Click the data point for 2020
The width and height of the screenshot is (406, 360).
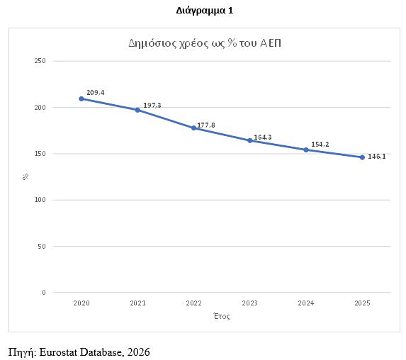(81, 99)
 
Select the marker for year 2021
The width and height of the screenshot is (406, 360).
(137, 110)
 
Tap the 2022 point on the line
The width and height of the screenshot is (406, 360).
(193, 128)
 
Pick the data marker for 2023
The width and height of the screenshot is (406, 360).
(250, 140)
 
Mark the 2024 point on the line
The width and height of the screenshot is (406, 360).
(306, 150)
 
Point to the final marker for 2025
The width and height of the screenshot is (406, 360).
(362, 157)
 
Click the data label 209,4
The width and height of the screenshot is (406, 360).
(96, 92)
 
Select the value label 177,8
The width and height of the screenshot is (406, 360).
(206, 125)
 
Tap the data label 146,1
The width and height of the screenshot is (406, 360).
(377, 157)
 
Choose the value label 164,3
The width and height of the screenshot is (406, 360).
(263, 137)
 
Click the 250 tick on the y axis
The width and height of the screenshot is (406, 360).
(40, 61)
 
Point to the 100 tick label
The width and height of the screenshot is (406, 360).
(40, 200)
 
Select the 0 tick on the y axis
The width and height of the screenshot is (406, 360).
(44, 293)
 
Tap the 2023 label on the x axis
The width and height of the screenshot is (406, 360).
(250, 303)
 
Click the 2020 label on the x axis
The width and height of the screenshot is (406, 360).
(81, 303)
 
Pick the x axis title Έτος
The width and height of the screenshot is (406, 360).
(222, 316)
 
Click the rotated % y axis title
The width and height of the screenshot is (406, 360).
(26, 176)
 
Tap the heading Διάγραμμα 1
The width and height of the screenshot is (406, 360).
(205, 11)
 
